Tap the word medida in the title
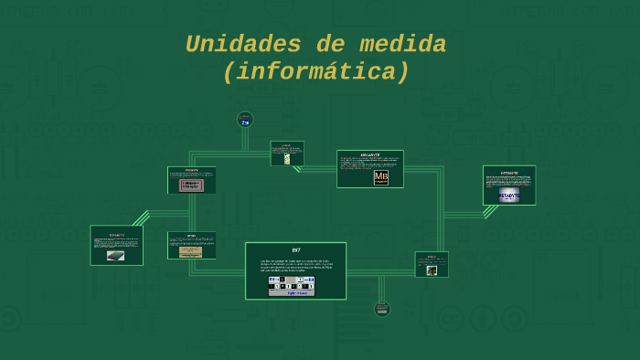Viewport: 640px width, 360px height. point(402,44)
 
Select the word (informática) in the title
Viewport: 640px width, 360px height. point(316,71)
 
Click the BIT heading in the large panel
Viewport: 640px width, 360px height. point(295,249)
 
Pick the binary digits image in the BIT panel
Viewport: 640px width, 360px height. point(292,286)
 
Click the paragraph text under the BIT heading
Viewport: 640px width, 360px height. point(295,266)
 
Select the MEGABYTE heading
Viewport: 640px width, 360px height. point(370,154)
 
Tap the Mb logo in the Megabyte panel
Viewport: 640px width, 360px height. point(380,177)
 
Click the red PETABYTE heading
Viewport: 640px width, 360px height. point(509,172)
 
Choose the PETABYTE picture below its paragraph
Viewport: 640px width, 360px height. point(509,195)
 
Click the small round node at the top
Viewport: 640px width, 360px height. point(245,119)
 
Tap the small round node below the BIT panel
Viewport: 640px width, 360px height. point(382,309)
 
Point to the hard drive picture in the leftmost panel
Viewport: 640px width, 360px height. point(115,256)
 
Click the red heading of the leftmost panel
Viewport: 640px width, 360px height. point(116,235)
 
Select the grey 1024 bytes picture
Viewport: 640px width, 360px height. point(191,184)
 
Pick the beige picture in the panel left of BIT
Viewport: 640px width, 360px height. point(191,251)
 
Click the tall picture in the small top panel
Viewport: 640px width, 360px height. point(287,158)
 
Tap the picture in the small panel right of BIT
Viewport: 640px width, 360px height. point(432,270)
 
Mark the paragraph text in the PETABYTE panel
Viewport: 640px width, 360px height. point(509,181)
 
